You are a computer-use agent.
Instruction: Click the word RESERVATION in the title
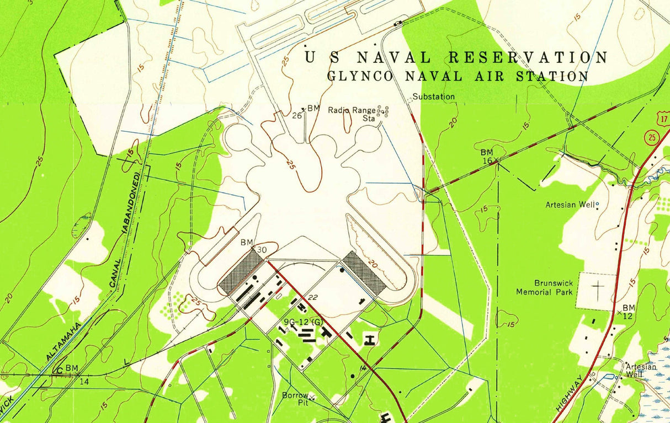528,57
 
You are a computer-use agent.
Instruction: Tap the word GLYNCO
360,76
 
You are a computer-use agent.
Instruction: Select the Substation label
434,97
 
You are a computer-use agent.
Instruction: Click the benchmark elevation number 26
296,115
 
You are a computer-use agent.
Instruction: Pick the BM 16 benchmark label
486,156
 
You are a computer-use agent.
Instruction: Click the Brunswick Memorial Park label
544,287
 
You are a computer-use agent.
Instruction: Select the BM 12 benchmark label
629,311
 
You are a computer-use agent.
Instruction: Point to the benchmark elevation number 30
262,250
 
